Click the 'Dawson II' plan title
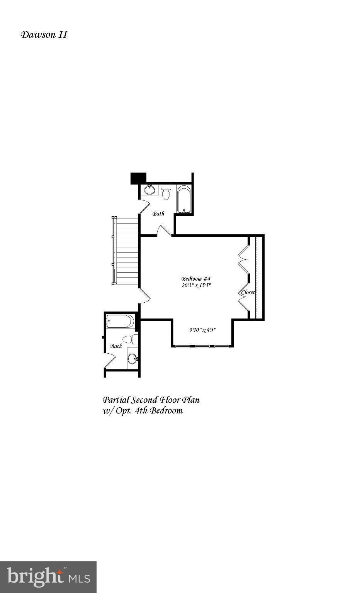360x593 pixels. [44, 35]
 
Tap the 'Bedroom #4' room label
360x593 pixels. [195, 278]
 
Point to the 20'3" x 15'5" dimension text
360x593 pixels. [196, 286]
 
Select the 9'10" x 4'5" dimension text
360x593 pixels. [202, 330]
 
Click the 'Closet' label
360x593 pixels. [248, 292]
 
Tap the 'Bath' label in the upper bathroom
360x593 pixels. [158, 213]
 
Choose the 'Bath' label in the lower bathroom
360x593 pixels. [116, 346]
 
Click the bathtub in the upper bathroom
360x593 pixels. [184, 199]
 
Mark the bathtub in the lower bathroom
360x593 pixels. [120, 321]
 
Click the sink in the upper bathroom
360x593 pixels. [149, 190]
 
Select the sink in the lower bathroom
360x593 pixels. [132, 359]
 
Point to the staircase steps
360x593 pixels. [126, 251]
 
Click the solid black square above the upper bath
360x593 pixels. [138, 178]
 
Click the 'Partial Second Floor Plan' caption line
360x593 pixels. [151, 400]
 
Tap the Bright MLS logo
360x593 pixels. [48, 577]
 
